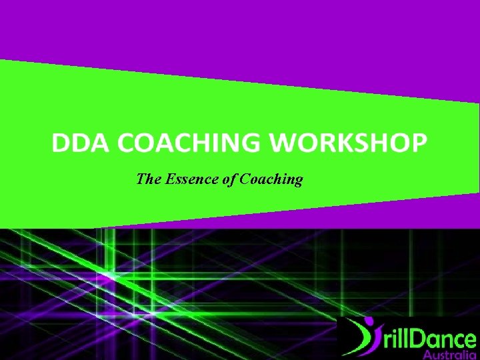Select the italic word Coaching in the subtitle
pyautogui.click(x=271, y=179)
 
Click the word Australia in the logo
pyautogui.click(x=449, y=355)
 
